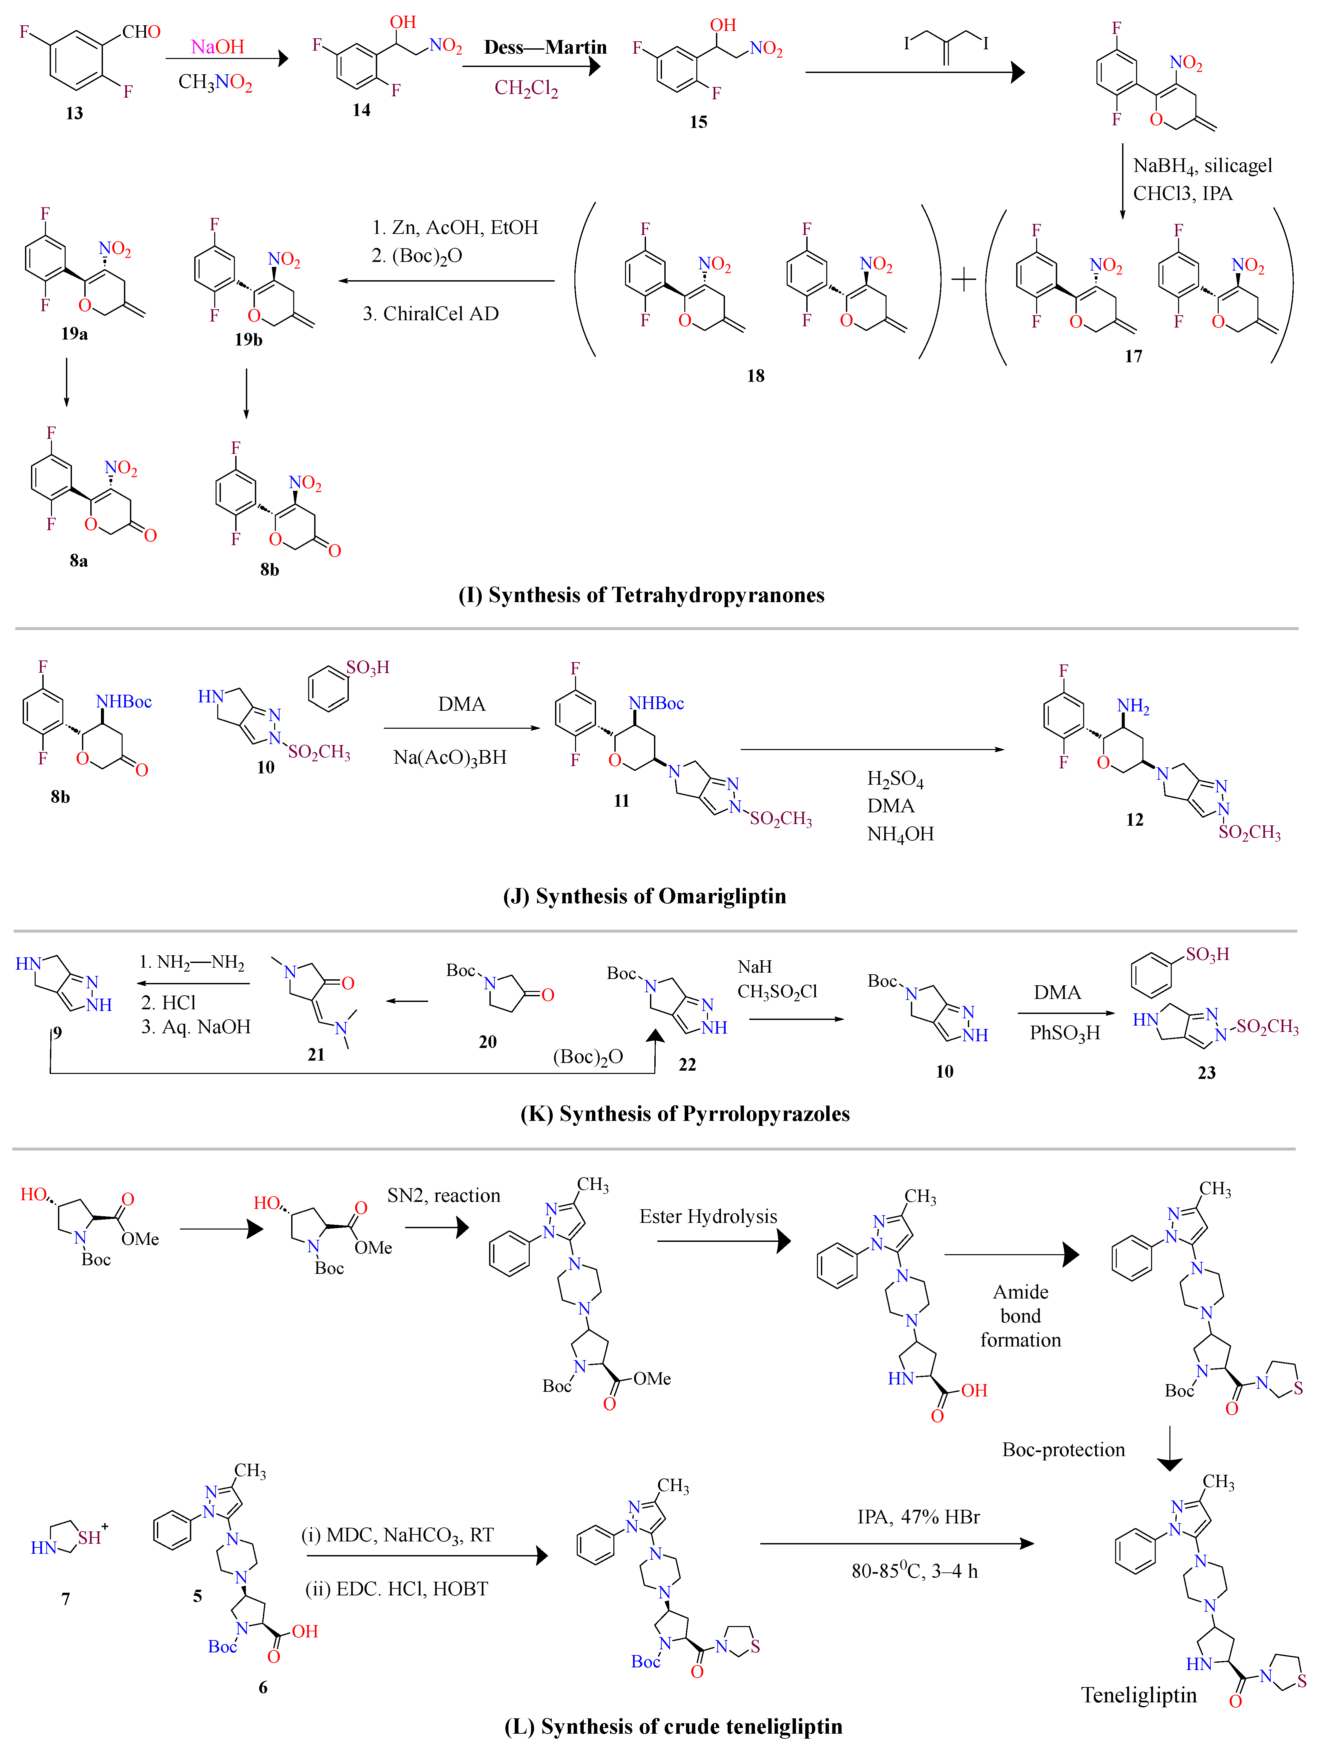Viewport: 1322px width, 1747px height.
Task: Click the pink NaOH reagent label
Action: pos(217,47)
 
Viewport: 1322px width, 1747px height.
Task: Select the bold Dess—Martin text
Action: pos(545,47)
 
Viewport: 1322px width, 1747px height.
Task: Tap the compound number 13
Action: pos(74,113)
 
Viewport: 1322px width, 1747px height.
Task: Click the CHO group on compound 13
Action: pos(141,32)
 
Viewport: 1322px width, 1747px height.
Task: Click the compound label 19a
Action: pos(74,333)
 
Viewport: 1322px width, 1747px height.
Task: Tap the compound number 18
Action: pos(756,376)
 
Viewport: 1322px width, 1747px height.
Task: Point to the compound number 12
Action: pos(1134,820)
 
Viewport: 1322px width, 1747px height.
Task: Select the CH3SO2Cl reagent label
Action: pos(777,991)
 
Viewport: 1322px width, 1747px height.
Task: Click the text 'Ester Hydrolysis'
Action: pos(708,1216)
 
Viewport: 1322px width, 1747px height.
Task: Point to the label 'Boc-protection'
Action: pos(1063,1449)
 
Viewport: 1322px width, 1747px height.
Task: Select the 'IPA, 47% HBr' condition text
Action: pos(919,1516)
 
